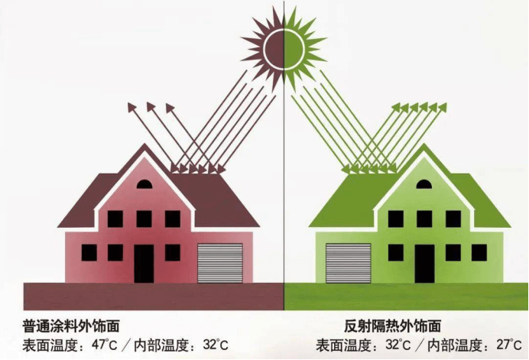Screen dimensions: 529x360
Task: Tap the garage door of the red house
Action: coord(220,263)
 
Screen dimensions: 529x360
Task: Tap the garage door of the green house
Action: coord(348,263)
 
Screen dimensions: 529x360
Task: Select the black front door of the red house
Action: coord(144,264)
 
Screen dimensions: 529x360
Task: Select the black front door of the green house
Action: coord(425,264)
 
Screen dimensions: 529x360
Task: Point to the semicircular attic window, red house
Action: coord(144,184)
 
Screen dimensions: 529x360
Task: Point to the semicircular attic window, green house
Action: coord(424,184)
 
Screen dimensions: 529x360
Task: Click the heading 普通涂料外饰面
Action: coord(71,326)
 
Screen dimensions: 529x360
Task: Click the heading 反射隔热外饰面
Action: coord(392,326)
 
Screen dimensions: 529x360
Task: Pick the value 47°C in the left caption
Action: coord(105,345)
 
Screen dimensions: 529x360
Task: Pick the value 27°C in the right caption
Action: coord(509,345)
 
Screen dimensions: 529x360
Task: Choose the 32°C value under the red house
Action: coord(216,345)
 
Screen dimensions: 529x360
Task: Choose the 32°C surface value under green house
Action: coord(398,345)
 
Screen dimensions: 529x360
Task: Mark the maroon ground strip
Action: coord(154,297)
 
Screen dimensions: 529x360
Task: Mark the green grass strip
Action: coord(406,297)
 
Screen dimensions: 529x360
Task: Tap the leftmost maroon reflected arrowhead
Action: coord(131,107)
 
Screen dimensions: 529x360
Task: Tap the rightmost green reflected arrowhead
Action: coord(443,107)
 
